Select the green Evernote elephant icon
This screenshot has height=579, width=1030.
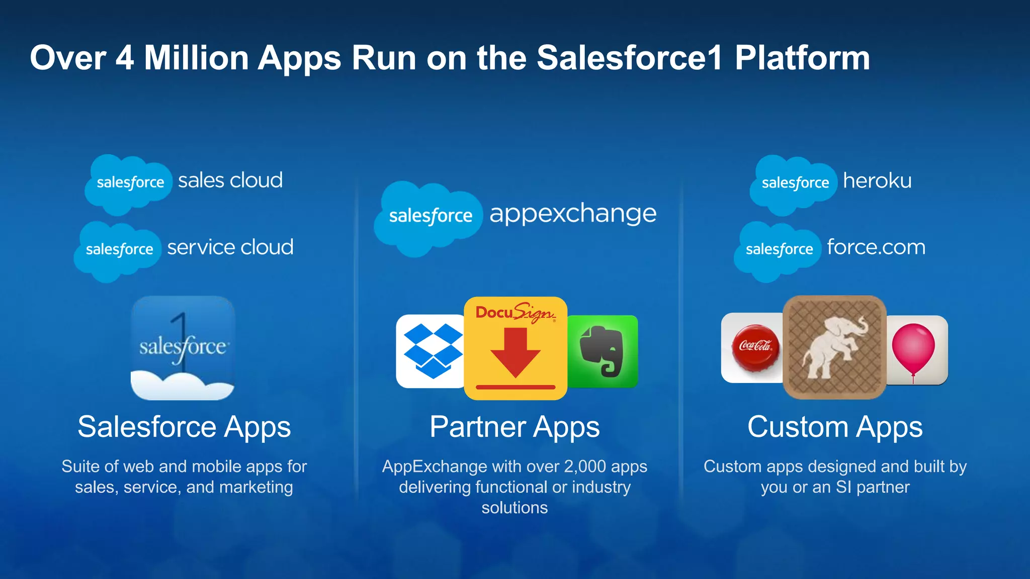pos(603,351)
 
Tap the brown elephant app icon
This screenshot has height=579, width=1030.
pos(834,347)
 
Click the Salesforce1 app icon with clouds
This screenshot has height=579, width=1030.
pos(183,348)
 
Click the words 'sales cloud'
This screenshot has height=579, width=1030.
pos(230,180)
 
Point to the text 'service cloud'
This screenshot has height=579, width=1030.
pos(230,247)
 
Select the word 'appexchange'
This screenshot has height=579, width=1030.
pos(573,214)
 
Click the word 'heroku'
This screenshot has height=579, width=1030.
pos(877,181)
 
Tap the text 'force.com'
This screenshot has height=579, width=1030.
pos(876,247)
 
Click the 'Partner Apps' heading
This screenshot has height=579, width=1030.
pos(514,427)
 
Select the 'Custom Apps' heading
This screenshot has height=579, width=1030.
pos(835,427)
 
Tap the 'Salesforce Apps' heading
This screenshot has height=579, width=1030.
pos(184,427)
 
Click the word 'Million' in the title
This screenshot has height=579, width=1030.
pos(197,58)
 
